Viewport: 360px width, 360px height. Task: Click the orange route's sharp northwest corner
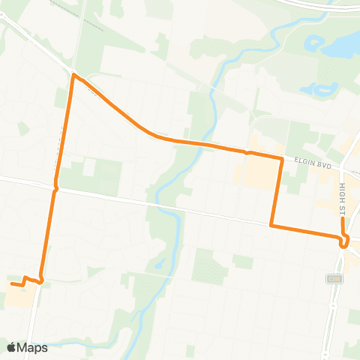[73, 75]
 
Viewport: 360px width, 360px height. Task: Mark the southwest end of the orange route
[11, 283]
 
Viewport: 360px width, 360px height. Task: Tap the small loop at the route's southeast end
[344, 241]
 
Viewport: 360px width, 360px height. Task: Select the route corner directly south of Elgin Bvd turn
[271, 225]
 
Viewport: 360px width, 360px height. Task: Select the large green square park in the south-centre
[209, 266]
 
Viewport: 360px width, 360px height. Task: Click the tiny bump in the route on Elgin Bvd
[247, 152]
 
